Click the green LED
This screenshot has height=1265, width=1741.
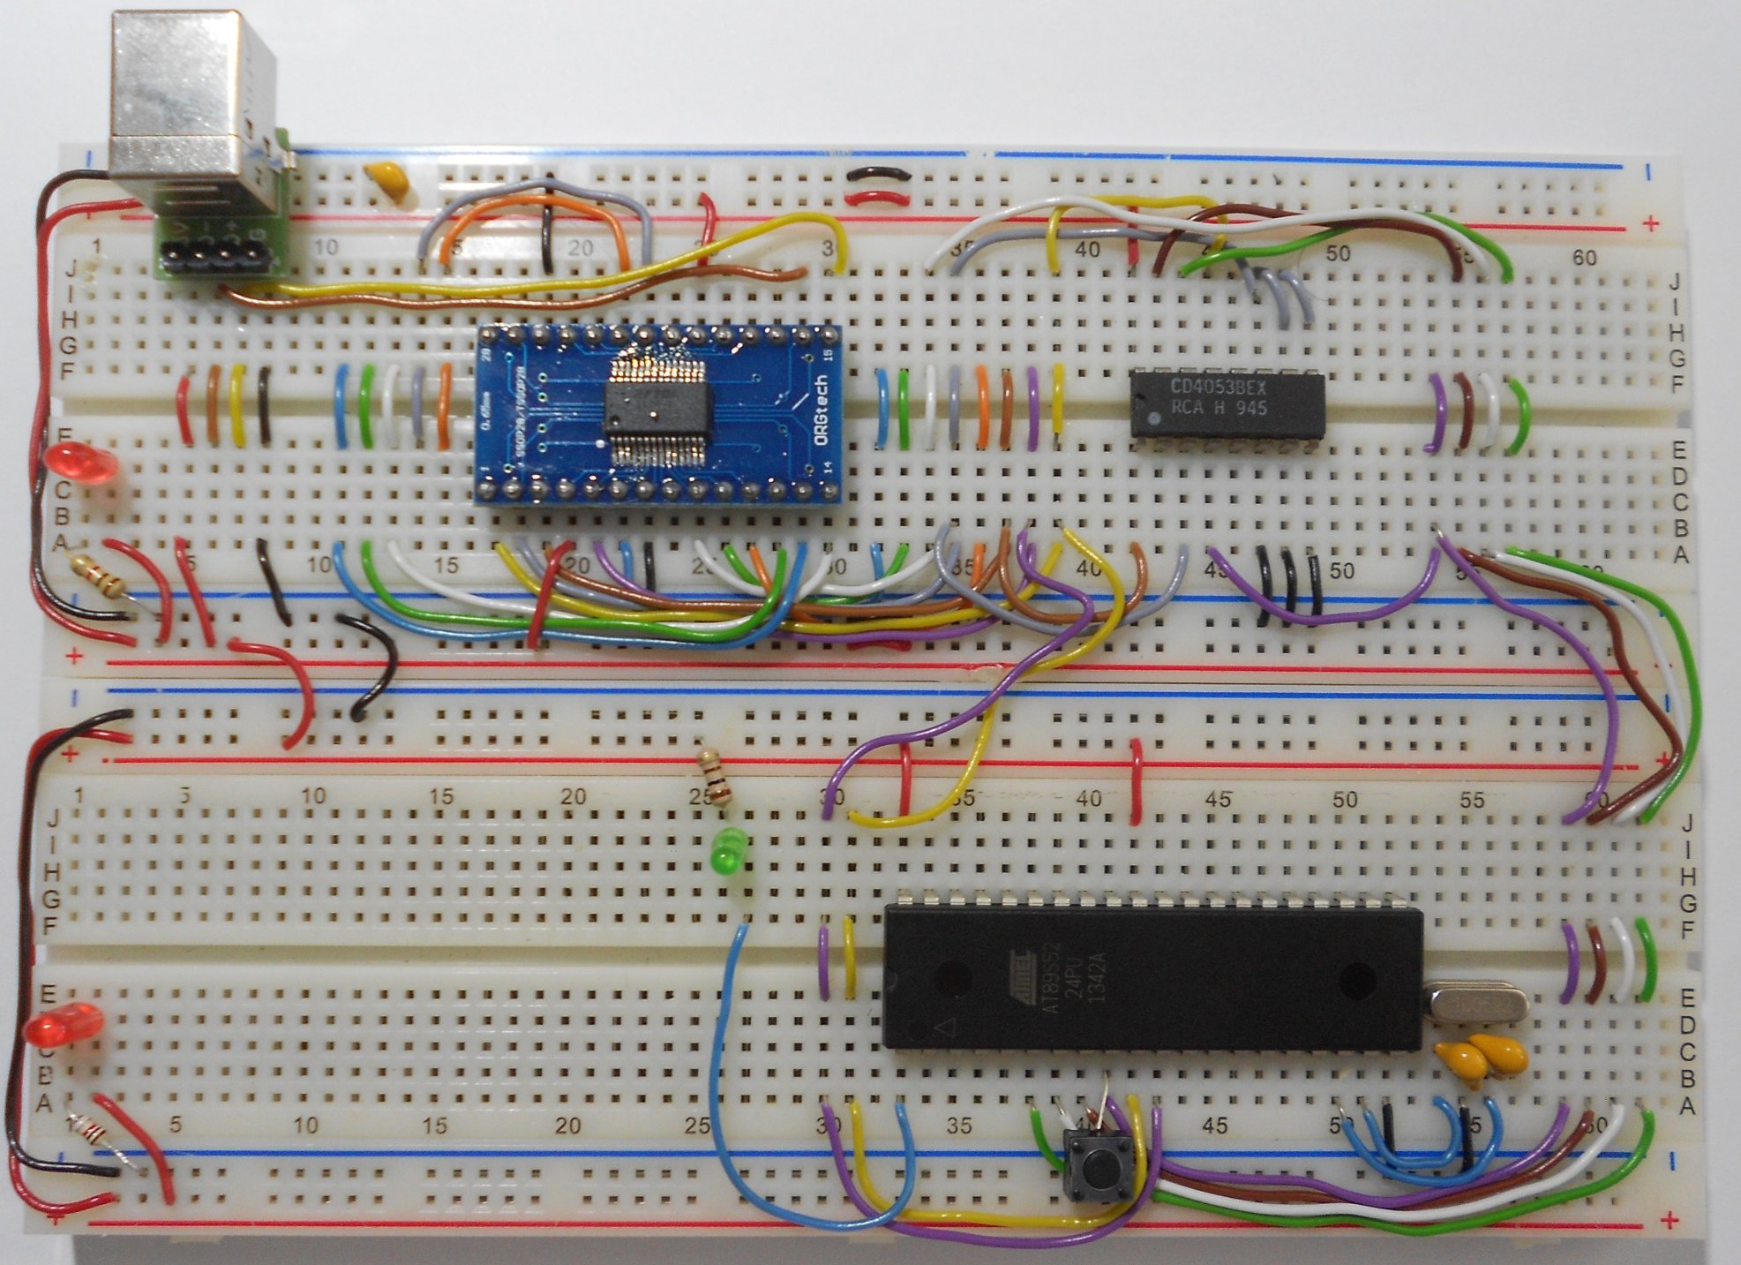coord(726,852)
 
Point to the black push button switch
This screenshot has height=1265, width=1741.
coord(1097,1167)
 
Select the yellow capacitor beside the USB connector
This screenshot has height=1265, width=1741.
coord(387,181)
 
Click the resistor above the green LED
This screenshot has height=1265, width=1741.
coord(716,778)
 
